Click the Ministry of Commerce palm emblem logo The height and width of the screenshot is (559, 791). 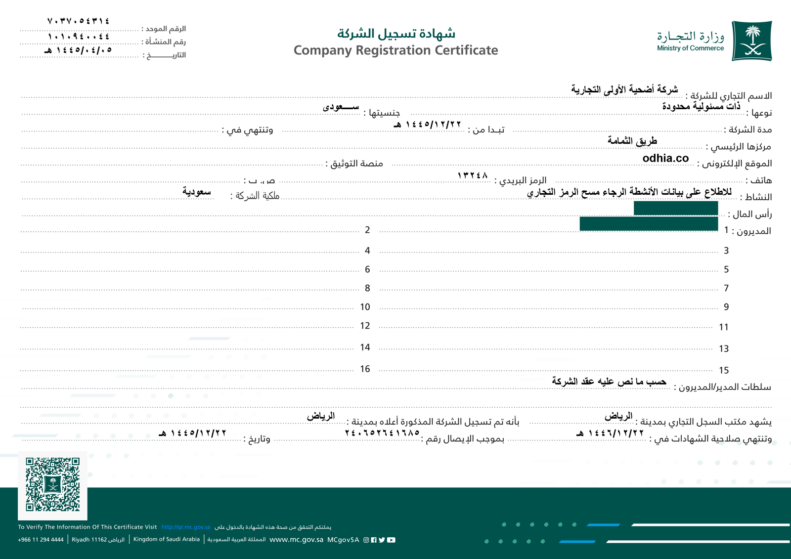(x=751, y=41)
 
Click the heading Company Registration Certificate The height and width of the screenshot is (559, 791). (x=395, y=50)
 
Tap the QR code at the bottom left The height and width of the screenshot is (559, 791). (x=53, y=484)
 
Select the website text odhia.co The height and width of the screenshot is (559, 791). (x=665, y=158)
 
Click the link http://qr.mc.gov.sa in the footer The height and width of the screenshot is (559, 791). (x=186, y=527)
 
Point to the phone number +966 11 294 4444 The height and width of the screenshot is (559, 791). (x=41, y=540)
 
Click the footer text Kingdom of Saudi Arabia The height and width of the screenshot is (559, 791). (x=167, y=539)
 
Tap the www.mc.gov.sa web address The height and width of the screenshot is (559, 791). (x=296, y=540)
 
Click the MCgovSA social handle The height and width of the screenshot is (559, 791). (x=343, y=540)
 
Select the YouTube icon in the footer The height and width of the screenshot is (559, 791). (x=391, y=540)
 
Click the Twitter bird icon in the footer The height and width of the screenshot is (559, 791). (x=382, y=540)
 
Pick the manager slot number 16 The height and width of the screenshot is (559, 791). (x=365, y=369)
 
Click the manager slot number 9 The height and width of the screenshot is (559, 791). (x=726, y=307)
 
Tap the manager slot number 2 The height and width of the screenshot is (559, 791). (x=367, y=230)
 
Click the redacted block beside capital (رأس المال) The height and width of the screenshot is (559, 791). (x=675, y=208)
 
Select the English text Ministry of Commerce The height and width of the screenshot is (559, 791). (x=690, y=48)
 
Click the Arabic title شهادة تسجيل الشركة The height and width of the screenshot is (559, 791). (x=396, y=34)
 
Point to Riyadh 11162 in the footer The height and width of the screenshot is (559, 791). (x=89, y=540)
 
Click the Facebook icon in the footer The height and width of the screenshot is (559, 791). (x=374, y=540)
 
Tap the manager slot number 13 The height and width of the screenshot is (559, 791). (x=724, y=349)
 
